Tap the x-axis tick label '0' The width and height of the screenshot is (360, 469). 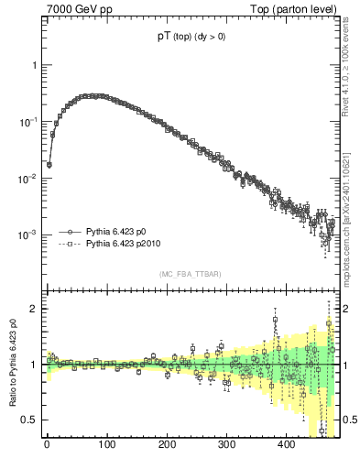[47, 446]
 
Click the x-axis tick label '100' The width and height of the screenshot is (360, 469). [106, 446]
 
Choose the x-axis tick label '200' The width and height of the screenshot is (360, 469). [167, 446]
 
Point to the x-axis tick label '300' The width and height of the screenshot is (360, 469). [226, 446]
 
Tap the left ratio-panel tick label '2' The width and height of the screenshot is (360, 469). [33, 309]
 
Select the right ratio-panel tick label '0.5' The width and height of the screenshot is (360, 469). [351, 420]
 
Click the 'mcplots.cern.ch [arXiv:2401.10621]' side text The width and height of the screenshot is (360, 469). [351, 197]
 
